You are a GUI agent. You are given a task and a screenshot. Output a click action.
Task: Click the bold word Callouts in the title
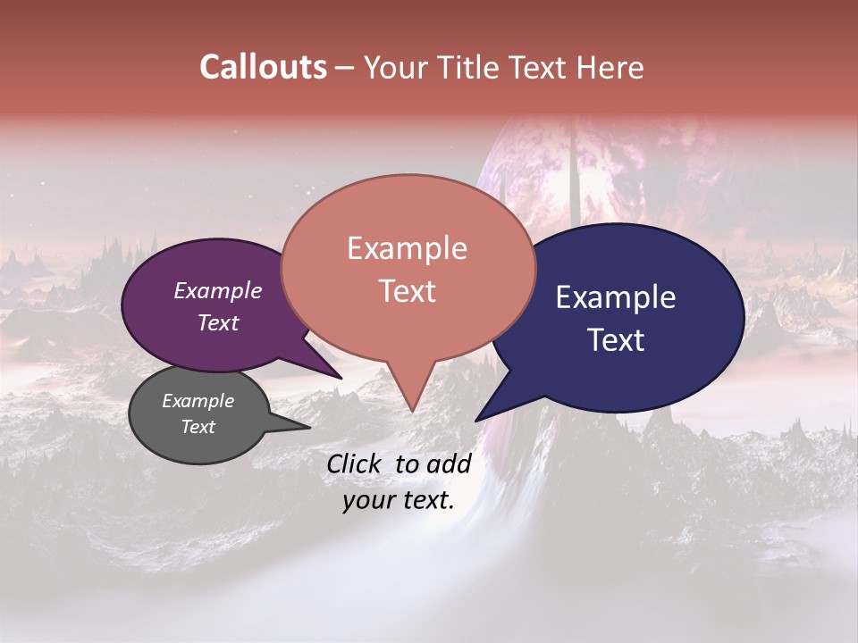click(263, 67)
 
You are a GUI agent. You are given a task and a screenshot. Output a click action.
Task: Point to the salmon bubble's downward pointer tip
click(411, 410)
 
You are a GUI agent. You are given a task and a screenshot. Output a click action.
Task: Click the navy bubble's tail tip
click(477, 420)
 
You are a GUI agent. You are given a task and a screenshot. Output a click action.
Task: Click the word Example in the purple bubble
click(218, 290)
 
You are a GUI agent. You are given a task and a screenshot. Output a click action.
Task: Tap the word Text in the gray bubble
click(198, 427)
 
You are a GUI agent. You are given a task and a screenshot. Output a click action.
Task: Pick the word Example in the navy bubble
click(616, 297)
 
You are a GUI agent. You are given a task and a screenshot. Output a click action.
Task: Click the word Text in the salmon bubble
click(408, 291)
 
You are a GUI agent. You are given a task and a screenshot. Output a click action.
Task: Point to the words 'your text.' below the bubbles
click(399, 500)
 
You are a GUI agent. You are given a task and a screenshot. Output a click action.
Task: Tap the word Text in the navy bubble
click(617, 340)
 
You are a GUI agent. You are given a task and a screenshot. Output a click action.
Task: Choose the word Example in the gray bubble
click(198, 401)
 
